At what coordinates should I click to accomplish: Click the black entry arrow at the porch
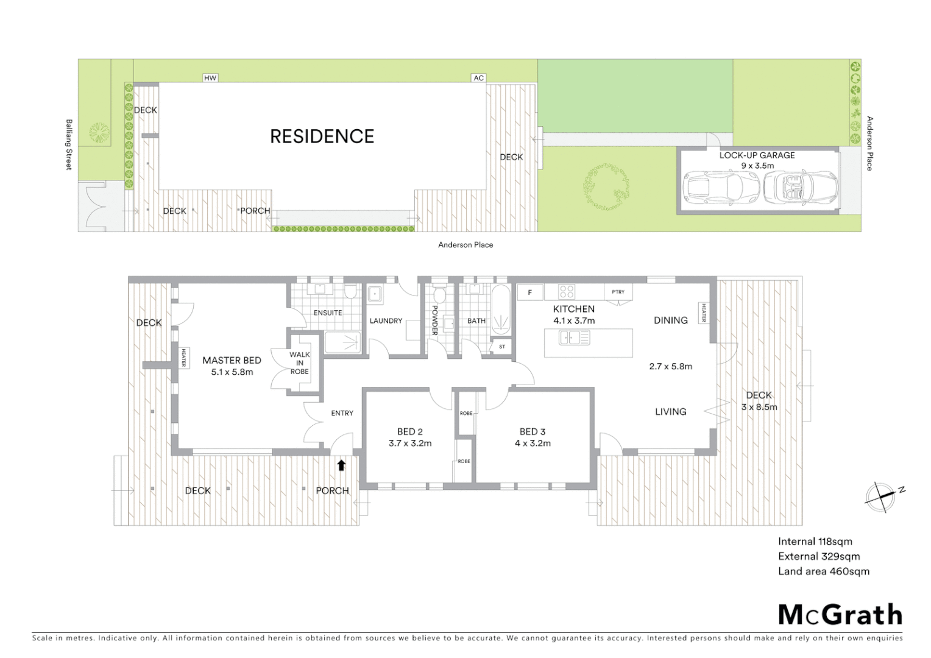[x=341, y=465]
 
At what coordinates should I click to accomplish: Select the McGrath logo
[x=840, y=615]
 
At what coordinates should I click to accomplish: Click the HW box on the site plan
[x=210, y=78]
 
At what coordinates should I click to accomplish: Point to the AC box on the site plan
[x=478, y=78]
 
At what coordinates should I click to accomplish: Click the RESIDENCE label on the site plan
[x=322, y=136]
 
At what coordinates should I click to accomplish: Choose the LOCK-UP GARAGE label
[x=757, y=155]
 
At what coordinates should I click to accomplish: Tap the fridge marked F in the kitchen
[x=530, y=293]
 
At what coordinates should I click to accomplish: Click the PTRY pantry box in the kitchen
[x=618, y=292]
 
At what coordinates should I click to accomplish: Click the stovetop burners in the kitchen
[x=567, y=292]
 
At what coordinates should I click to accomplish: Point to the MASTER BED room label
[x=232, y=361]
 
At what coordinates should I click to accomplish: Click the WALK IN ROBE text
[x=299, y=363]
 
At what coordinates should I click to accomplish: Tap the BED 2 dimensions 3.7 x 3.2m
[x=410, y=444]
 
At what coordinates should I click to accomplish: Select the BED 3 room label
[x=533, y=432]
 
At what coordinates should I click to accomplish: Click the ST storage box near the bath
[x=502, y=347]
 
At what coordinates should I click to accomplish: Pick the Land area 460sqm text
[x=823, y=571]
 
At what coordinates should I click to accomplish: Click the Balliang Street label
[x=69, y=144]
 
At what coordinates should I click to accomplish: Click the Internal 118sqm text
[x=815, y=542]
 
